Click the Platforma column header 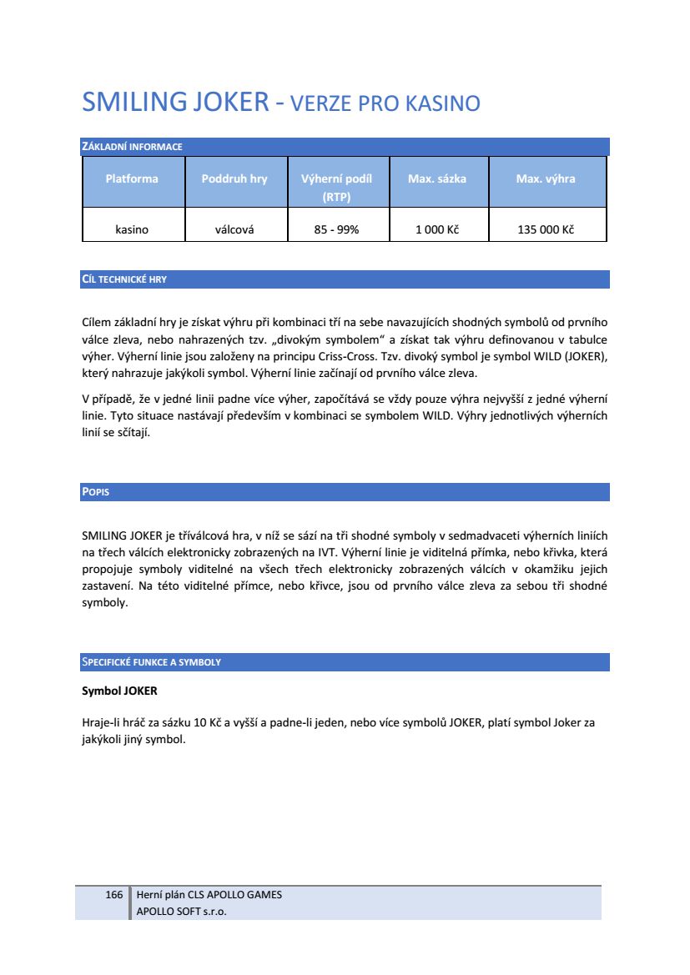[132, 178]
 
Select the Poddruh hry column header [234, 178]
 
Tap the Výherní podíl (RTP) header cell [336, 188]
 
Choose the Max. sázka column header [437, 178]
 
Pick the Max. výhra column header [546, 178]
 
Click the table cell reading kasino [132, 229]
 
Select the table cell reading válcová [234, 229]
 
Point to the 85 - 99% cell [336, 229]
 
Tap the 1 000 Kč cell [437, 229]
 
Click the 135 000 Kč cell [546, 229]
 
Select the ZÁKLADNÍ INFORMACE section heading [132, 148]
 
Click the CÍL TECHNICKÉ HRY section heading [124, 279]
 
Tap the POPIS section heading [96, 492]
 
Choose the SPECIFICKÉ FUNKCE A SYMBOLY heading [151, 662]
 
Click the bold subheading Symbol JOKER [119, 691]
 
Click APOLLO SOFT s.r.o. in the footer [181, 912]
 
